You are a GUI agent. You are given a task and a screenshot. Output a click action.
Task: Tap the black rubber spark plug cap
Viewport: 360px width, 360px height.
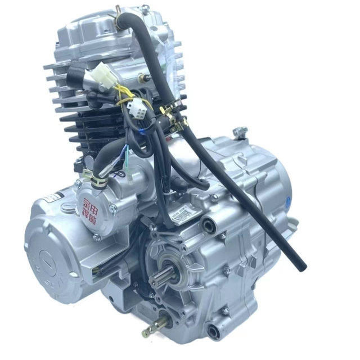coord(79,76)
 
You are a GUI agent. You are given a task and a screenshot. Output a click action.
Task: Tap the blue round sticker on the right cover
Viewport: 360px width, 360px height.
coord(287,200)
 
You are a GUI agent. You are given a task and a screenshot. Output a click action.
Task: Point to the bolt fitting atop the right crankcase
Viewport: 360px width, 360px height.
coord(241,132)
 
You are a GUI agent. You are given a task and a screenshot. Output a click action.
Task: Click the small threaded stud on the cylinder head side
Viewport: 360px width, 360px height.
coord(147,77)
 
